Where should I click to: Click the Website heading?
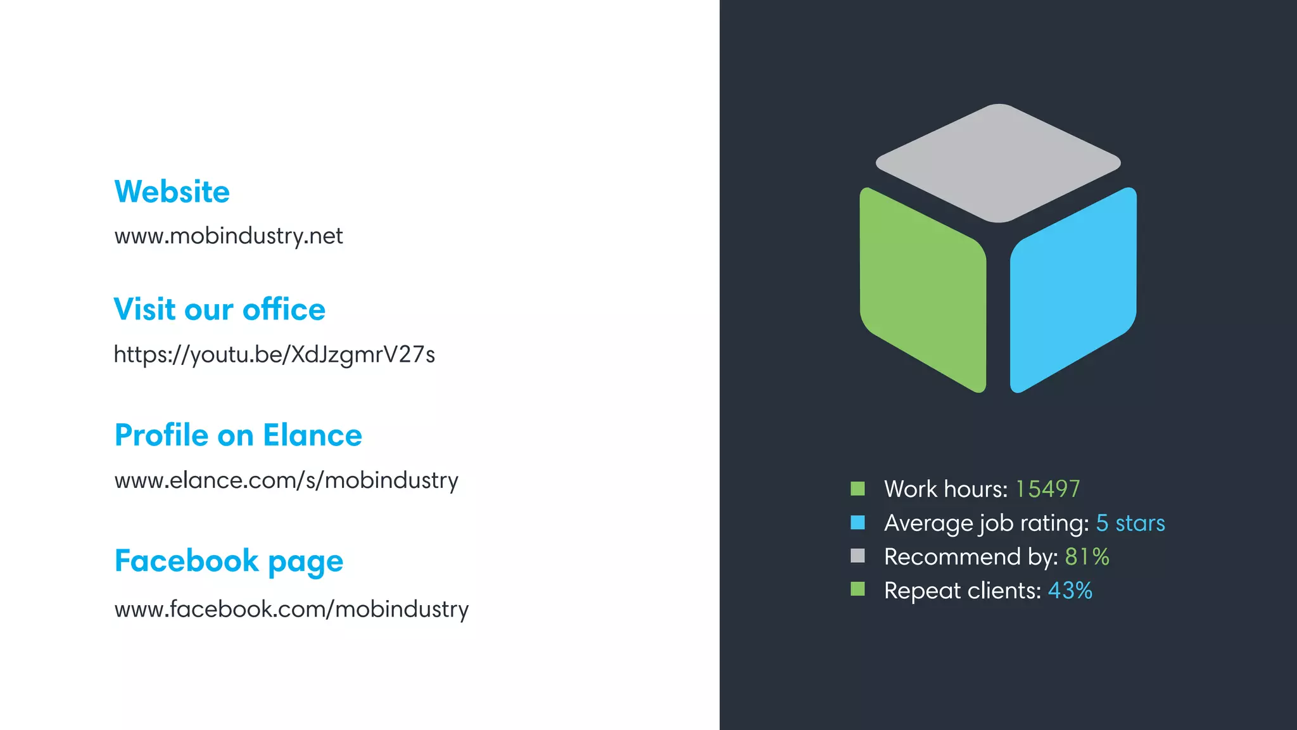click(172, 191)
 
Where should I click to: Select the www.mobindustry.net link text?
click(228, 236)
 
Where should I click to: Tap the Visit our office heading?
click(219, 310)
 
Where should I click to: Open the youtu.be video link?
click(274, 354)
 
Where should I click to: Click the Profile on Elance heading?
click(238, 435)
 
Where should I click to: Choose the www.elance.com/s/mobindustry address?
click(286, 480)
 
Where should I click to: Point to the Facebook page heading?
click(229, 561)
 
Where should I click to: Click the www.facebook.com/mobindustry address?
click(291, 610)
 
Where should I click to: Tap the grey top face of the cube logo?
click(998, 162)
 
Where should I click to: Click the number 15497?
click(1047, 489)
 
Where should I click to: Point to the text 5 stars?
click(1130, 523)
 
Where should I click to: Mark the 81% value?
click(1087, 557)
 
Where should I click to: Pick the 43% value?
click(1070, 591)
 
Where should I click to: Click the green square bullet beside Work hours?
click(857, 489)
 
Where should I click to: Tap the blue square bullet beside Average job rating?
click(857, 523)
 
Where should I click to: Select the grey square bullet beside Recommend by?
click(857, 556)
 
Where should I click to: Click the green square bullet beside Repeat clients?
click(857, 590)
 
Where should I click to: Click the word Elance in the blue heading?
click(312, 435)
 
